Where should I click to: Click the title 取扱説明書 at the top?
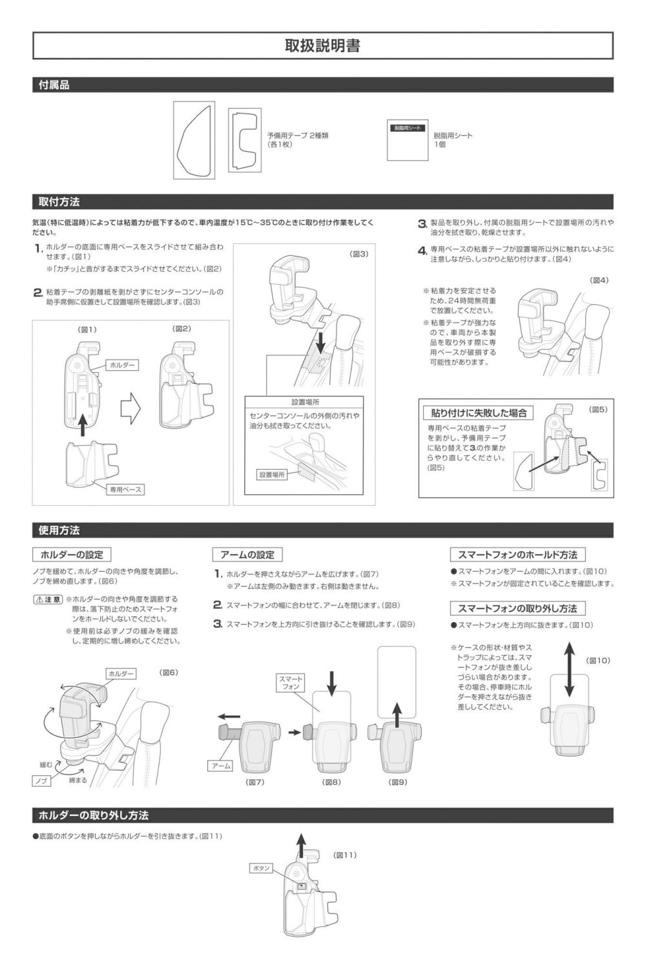coord(322,45)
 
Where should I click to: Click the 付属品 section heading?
coord(54,85)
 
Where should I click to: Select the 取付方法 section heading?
coord(59,202)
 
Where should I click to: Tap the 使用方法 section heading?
coord(59,530)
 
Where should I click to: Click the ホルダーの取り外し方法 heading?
coord(94,815)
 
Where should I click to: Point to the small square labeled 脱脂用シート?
coord(408,140)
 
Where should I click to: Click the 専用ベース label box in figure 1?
coord(125,489)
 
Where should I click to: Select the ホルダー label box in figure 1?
coord(122,365)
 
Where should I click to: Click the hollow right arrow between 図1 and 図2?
coord(130,408)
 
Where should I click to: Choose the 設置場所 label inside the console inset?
coord(272,475)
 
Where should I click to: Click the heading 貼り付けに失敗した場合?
coord(479,413)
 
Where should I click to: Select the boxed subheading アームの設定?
coord(247,554)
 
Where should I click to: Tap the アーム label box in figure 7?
coord(221,766)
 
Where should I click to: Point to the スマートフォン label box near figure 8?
coord(291,683)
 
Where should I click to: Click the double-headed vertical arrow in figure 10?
coord(569,669)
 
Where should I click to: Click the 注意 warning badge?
coord(48,599)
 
